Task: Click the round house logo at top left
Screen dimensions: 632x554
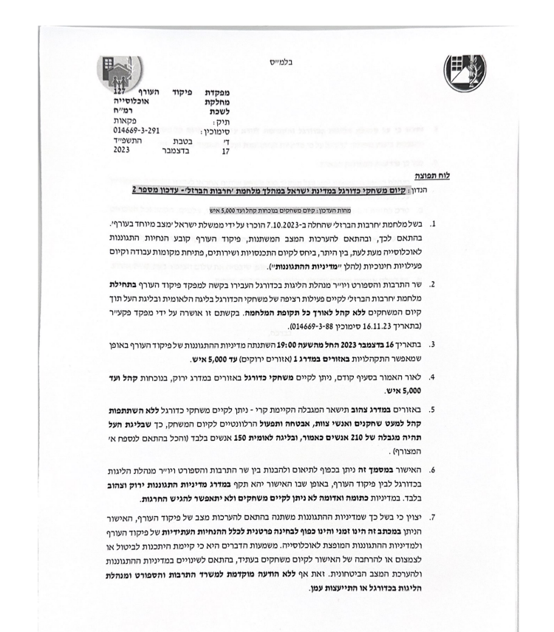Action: tap(123, 75)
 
